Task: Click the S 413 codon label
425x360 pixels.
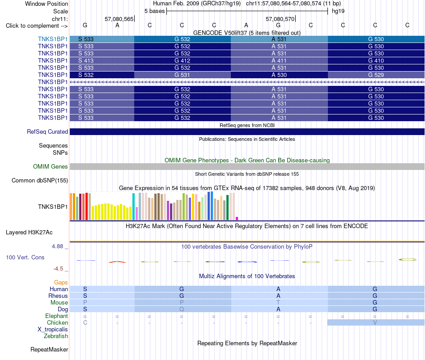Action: [x=85, y=61]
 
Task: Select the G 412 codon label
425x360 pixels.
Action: [x=182, y=61]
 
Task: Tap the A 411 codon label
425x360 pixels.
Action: [x=279, y=61]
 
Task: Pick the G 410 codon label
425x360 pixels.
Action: [x=376, y=61]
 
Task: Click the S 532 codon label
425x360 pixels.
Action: [x=85, y=75]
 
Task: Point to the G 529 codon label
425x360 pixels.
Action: [x=376, y=75]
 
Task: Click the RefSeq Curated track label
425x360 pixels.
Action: [x=47, y=131]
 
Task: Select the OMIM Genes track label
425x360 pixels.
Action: [x=51, y=167]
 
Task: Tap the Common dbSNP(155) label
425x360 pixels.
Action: [x=40, y=180]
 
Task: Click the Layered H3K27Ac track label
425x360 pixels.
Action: [x=29, y=233]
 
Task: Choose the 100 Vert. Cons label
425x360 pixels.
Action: [x=25, y=257]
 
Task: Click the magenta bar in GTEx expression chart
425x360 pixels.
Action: [x=237, y=218]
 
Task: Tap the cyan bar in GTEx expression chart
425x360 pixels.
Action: [x=133, y=207]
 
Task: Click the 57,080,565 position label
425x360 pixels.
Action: [x=119, y=19]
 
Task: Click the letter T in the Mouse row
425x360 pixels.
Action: [x=278, y=303]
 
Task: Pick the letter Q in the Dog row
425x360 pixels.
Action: [x=182, y=309]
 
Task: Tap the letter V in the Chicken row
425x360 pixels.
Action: [x=375, y=322]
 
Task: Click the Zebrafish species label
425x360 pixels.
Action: [x=56, y=336]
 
